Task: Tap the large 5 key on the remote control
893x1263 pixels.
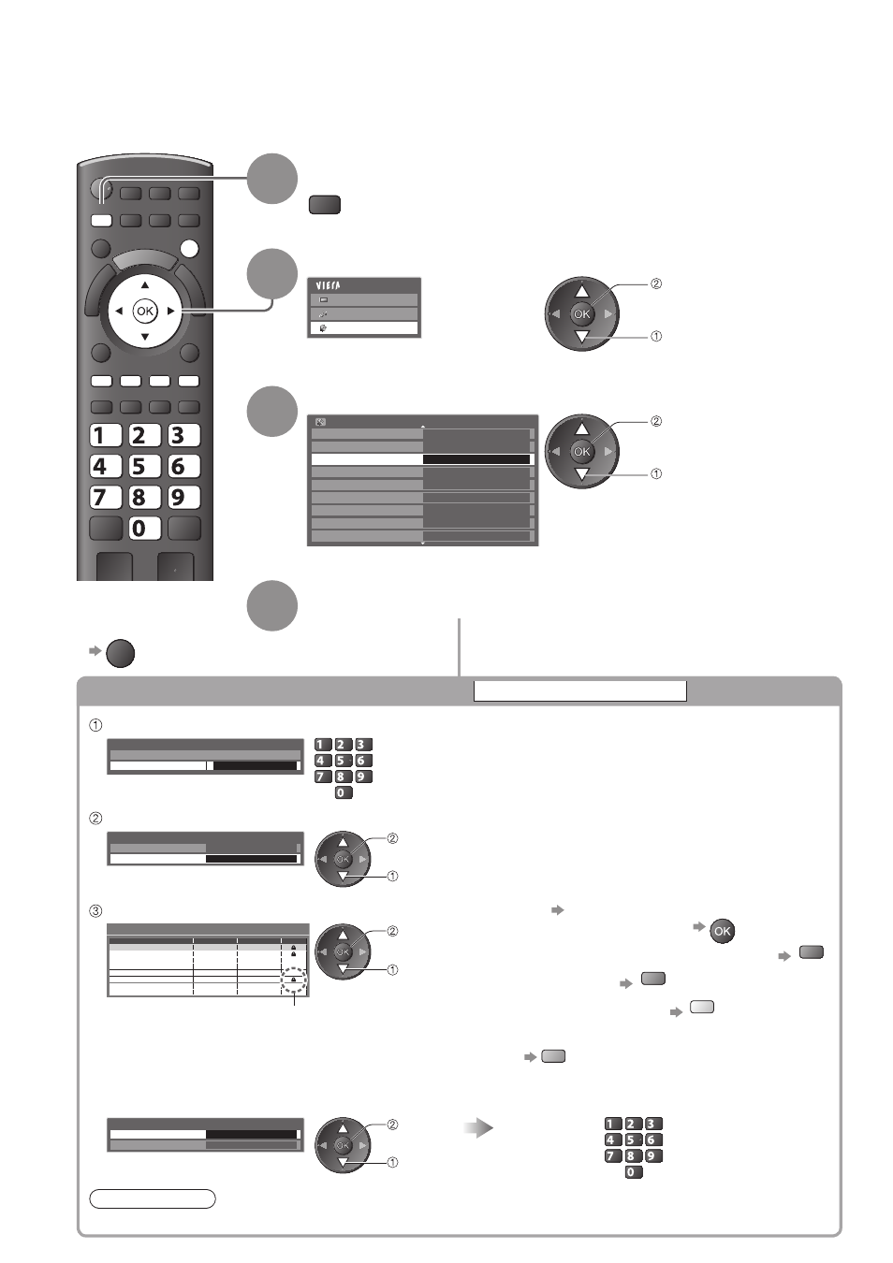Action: tap(144, 466)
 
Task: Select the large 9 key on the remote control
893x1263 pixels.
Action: tap(183, 498)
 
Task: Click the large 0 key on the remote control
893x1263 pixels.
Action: tap(144, 529)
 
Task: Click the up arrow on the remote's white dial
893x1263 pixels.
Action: tap(145, 285)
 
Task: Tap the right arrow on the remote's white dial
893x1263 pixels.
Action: tap(171, 311)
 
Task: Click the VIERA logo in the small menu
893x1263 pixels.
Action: tap(329, 286)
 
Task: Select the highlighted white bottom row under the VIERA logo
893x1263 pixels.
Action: tap(364, 328)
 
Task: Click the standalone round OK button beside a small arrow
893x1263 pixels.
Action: tap(722, 931)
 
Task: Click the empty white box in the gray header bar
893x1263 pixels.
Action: tap(580, 690)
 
